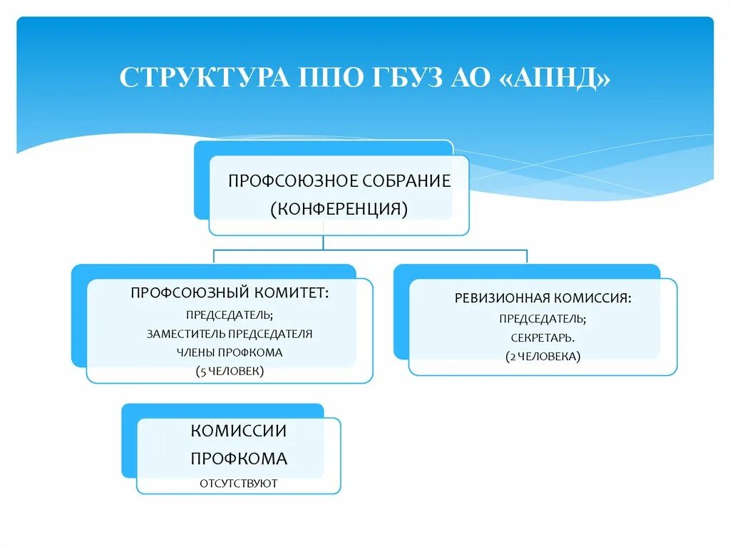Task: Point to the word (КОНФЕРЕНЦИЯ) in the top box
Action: coord(339,209)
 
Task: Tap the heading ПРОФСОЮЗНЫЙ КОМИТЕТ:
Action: coord(230,292)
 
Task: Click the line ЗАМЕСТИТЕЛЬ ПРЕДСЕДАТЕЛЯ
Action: coord(230,333)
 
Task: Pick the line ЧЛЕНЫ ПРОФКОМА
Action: coord(230,352)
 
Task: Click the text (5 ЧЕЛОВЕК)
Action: coord(230,371)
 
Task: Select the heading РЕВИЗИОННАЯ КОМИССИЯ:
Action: coord(543,298)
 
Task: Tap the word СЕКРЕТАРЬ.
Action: coord(543,337)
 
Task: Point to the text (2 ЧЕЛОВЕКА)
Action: coord(543,355)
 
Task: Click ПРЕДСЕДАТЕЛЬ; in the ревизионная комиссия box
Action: coord(543,318)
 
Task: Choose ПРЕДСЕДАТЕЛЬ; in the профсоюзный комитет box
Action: coord(230,314)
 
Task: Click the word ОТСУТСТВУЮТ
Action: coord(239,484)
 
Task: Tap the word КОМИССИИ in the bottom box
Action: coord(239,431)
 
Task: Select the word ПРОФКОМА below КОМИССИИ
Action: coord(239,458)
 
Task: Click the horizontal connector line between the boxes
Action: coord(428,250)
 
